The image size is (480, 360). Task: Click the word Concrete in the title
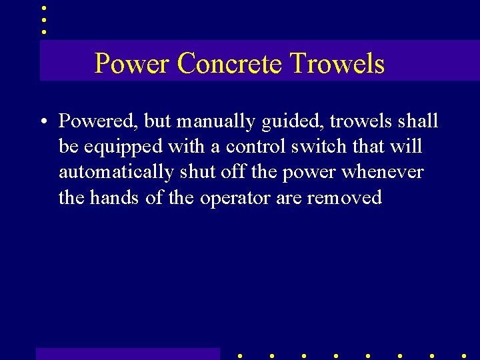(x=231, y=64)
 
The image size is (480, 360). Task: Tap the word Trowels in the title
(x=337, y=64)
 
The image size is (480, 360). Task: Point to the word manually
(x=215, y=122)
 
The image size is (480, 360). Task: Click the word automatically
(x=116, y=173)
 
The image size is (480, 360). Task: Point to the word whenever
(x=382, y=171)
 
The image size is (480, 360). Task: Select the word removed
(x=345, y=197)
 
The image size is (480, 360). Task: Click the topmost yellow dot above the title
(x=44, y=8)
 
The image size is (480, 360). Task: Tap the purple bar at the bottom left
(x=127, y=353)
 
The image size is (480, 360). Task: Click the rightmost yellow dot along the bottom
(x=463, y=356)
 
